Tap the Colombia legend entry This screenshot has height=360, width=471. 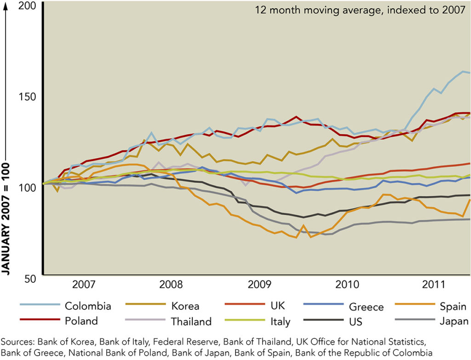pyautogui.click(x=88, y=306)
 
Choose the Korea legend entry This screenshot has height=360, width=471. pyautogui.click(x=185, y=306)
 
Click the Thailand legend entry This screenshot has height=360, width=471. pyautogui.click(x=191, y=321)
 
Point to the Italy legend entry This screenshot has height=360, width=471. pyautogui.click(x=280, y=321)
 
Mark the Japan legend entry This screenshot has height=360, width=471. pyautogui.click(x=454, y=321)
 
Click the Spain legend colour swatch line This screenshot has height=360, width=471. pyautogui.click(x=412, y=304)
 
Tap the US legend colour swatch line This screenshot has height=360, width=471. pyautogui.click(x=322, y=318)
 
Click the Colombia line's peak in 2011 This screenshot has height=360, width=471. pyautogui.click(x=463, y=71)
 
